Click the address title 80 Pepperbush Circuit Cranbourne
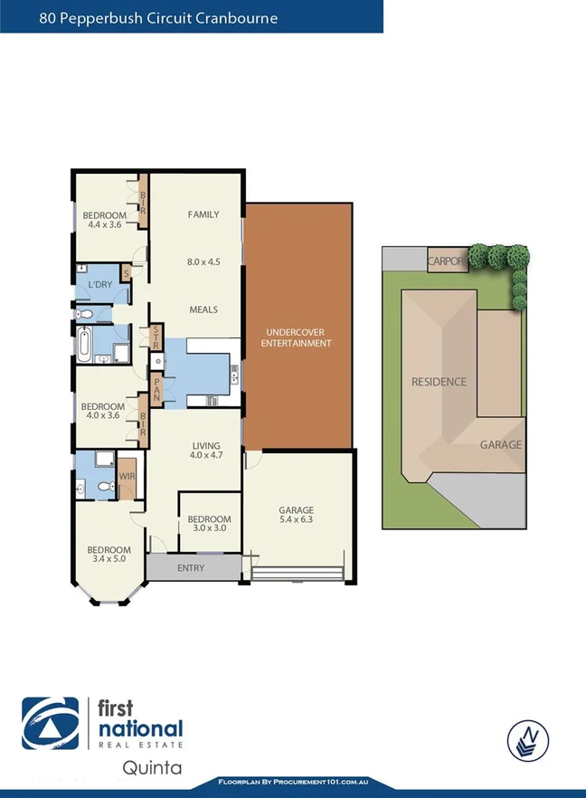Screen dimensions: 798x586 (158, 17)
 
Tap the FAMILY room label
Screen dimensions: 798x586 (203, 214)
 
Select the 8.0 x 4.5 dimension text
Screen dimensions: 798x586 (203, 261)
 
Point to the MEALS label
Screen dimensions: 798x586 (203, 309)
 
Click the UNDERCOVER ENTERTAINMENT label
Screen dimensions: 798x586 (296, 337)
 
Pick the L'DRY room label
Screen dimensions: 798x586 (99, 287)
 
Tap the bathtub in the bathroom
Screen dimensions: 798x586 (82, 344)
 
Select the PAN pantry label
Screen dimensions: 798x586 (156, 389)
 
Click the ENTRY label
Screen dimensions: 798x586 (191, 568)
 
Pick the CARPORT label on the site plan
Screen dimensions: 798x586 (447, 261)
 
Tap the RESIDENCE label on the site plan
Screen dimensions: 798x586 (439, 382)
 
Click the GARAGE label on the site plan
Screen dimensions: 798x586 (500, 445)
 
